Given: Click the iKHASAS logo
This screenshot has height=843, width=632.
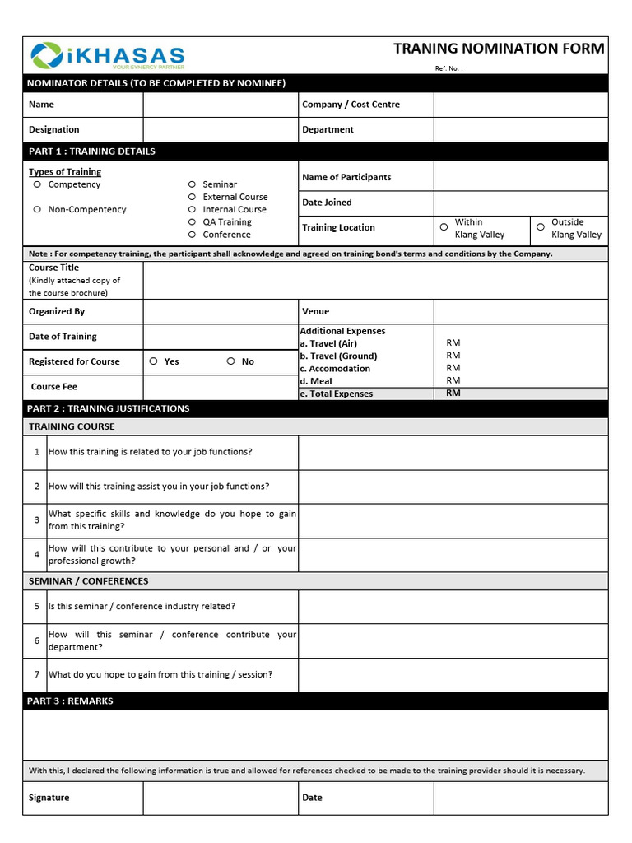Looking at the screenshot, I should click(x=107, y=55).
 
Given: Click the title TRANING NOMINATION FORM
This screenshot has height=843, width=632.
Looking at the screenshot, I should click(x=499, y=49).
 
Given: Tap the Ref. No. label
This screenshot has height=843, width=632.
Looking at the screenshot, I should click(x=448, y=68).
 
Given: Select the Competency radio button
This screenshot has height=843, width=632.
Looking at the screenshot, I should click(x=37, y=184).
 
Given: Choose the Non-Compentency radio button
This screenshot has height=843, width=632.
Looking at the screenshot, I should click(x=37, y=209).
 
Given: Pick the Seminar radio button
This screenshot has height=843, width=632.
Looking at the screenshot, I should click(x=192, y=184).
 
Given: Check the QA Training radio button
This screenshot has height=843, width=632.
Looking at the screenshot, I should click(x=192, y=222).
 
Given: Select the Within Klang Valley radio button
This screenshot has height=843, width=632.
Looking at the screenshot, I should click(x=444, y=227).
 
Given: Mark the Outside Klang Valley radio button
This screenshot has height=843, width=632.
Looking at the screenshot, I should click(x=541, y=227).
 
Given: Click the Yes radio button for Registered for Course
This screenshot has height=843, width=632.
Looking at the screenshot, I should click(x=154, y=361).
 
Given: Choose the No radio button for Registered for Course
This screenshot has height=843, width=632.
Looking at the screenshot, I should click(x=231, y=361).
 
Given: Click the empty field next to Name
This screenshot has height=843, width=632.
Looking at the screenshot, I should click(x=221, y=105).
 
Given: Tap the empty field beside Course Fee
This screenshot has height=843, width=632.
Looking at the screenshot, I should click(x=221, y=387).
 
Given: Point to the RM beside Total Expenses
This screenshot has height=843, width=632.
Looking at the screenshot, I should click(x=453, y=394).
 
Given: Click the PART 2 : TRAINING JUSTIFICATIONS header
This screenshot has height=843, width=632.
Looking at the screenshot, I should click(x=109, y=408).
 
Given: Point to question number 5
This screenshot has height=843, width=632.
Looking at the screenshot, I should click(x=37, y=606).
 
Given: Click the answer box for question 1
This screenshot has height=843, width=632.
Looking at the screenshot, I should click(x=453, y=452).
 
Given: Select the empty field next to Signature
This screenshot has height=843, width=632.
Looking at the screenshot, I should click(x=221, y=798).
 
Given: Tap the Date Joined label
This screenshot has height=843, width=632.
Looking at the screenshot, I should click(x=327, y=203).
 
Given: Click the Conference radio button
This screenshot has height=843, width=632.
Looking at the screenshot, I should click(x=192, y=235).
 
